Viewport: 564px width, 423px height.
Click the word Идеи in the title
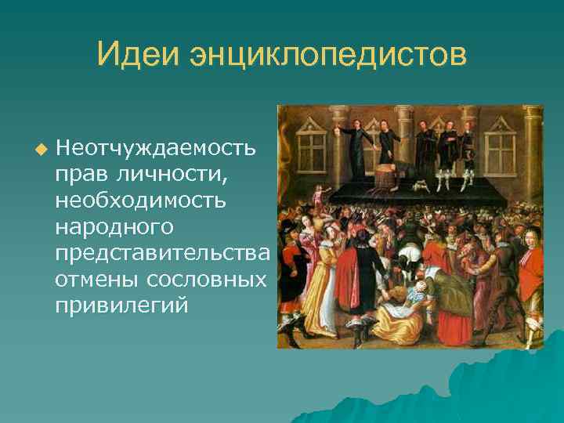pyautogui.click(x=138, y=55)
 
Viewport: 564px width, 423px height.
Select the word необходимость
pyautogui.click(x=140, y=201)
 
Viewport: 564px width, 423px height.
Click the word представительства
pyautogui.click(x=162, y=253)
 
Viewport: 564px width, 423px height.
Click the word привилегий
pyautogui.click(x=121, y=305)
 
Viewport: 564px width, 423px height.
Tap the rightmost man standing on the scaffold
pyautogui.click(x=468, y=154)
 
